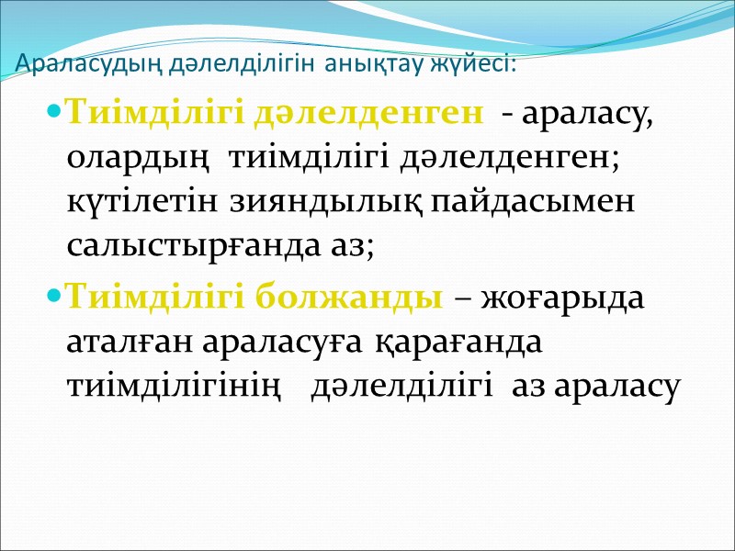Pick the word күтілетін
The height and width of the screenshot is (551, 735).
point(133,204)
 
